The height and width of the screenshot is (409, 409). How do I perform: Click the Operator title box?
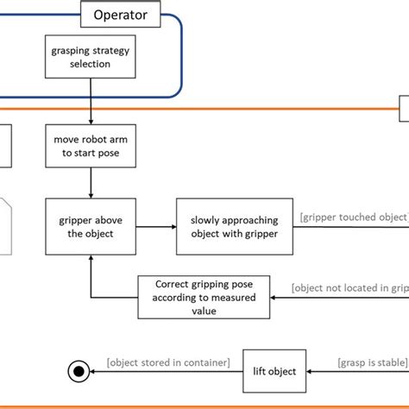click(x=128, y=15)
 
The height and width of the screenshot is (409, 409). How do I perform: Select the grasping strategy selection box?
click(x=91, y=57)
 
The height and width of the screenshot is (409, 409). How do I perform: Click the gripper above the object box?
click(x=91, y=226)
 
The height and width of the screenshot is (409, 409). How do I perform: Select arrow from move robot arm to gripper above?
click(x=91, y=183)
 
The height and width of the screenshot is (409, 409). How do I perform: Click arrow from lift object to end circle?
click(x=164, y=371)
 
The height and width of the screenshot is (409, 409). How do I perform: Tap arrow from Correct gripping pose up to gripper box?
click(x=91, y=276)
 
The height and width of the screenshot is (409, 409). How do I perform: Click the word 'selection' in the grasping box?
click(x=91, y=64)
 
